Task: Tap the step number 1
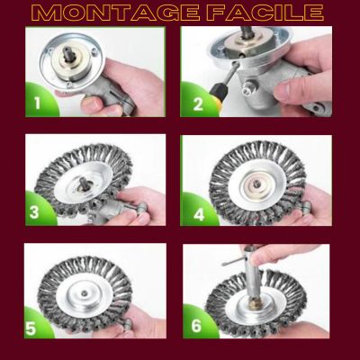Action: click(38, 103)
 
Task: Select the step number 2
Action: click(198, 103)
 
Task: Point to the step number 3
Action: click(34, 212)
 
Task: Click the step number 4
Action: click(199, 215)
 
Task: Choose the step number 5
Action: click(31, 328)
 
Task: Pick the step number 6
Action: click(196, 326)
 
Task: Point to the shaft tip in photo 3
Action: click(82, 183)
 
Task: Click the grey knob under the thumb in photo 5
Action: click(128, 323)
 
